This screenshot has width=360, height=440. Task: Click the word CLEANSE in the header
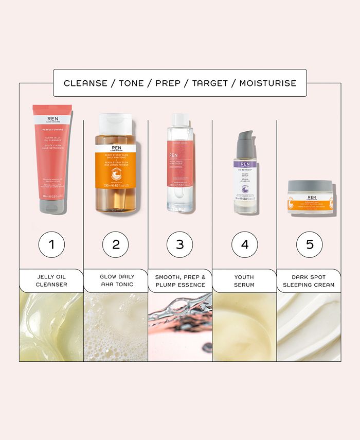pos(84,83)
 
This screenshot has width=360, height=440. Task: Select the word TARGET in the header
pos(209,83)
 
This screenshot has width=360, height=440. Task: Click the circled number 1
pos(51,243)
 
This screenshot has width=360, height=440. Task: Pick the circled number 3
pos(180,243)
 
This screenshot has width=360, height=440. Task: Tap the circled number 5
pos(309,243)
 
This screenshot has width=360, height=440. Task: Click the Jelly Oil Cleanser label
pos(51,280)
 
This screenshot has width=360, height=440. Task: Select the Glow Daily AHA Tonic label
pos(116,280)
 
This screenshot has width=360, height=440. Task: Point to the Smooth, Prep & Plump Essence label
pos(180,280)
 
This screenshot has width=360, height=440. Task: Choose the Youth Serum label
pos(245,280)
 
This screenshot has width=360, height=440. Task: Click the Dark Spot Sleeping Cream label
pos(309,280)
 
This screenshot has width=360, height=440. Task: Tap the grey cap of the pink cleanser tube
pos(51,206)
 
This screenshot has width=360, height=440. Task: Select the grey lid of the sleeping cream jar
pos(309,185)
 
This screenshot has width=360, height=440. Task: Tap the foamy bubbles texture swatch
pos(116,327)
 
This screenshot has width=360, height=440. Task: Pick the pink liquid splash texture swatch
pos(180,327)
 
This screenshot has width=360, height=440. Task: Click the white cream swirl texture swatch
pos(309,327)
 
